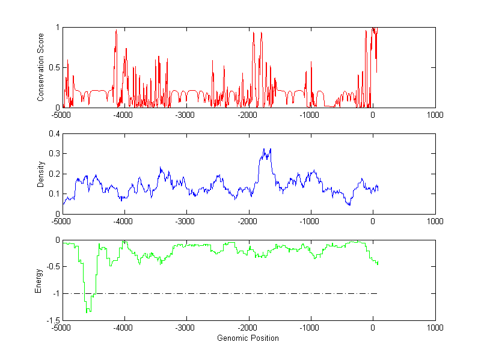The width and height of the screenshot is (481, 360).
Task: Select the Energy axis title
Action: tap(38, 280)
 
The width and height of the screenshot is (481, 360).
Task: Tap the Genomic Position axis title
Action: tap(248, 338)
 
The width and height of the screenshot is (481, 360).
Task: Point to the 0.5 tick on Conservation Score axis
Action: tap(54, 67)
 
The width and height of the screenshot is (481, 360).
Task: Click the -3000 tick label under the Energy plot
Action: tap(185, 328)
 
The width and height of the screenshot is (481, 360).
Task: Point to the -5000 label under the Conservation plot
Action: tap(61, 115)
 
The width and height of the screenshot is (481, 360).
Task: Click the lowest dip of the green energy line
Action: tap(88, 312)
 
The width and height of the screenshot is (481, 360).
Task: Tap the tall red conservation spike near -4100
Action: tap(116, 30)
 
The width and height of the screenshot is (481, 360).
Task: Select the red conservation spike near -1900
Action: tap(253, 32)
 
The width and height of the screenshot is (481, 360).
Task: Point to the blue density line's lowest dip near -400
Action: tap(349, 205)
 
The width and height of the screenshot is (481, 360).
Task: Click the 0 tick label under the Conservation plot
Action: tap(373, 115)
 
